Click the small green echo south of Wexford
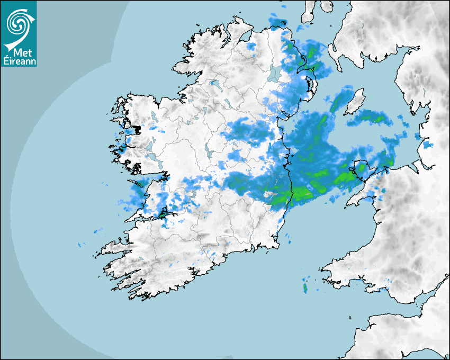tap(305, 287)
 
